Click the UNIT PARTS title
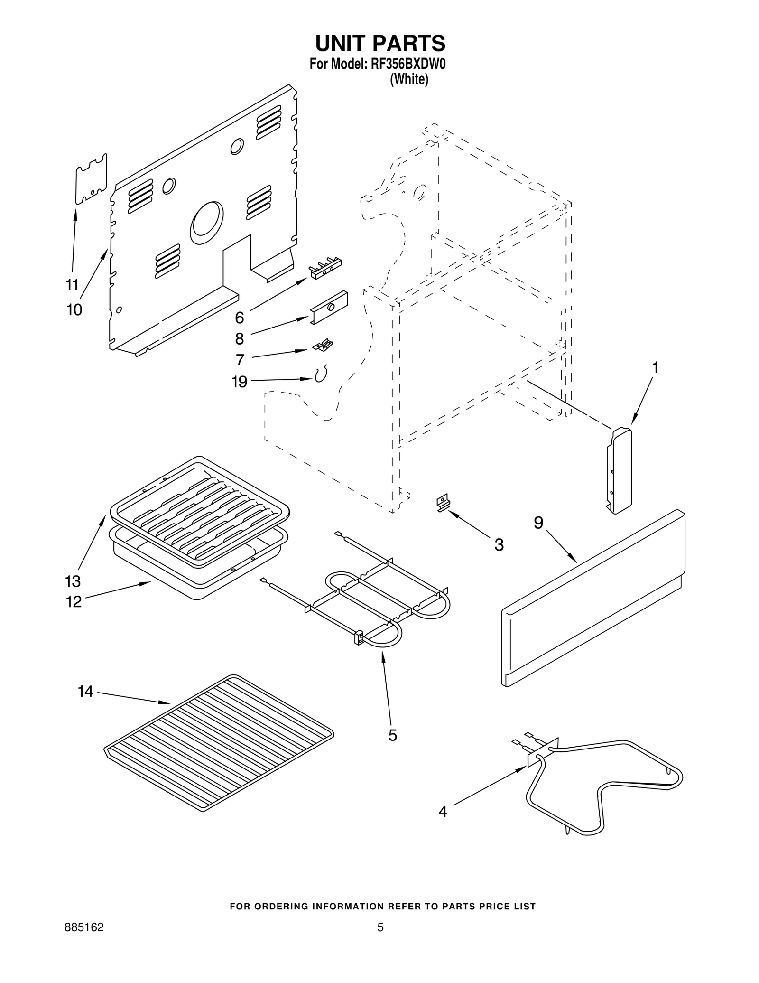click(x=380, y=43)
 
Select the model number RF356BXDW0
click(x=408, y=64)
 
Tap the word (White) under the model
click(x=409, y=80)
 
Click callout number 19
click(x=240, y=381)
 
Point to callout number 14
click(x=85, y=692)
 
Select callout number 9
click(x=538, y=523)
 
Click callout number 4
click(x=442, y=812)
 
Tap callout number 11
click(x=72, y=285)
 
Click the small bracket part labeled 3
click(x=443, y=503)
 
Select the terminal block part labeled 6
click(x=325, y=268)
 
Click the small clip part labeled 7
click(x=323, y=345)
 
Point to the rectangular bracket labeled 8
click(x=329, y=308)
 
